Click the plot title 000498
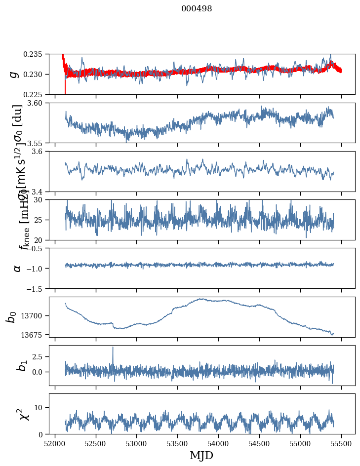197,9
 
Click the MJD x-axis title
201,455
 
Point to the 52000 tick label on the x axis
55,443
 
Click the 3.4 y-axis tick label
41,192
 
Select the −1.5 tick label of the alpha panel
37,288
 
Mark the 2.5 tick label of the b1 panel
40,356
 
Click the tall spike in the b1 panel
113,348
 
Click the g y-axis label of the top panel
14,74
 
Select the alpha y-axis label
17,268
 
